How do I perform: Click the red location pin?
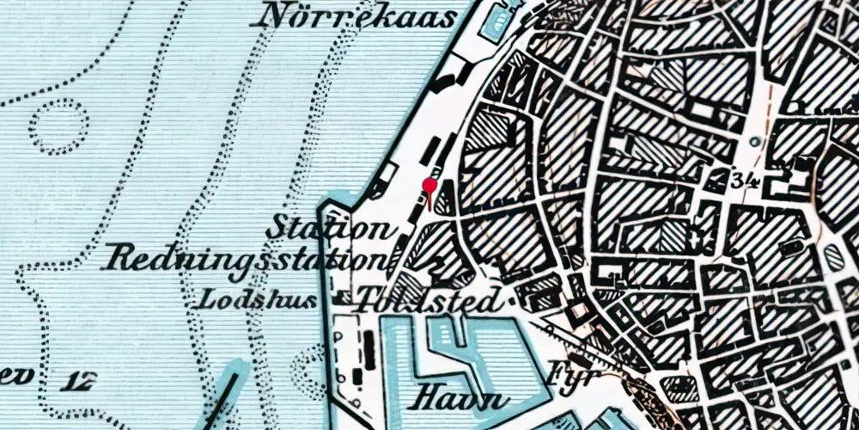431,186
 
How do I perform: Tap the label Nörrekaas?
357,16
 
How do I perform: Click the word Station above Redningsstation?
326,230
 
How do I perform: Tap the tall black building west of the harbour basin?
369,347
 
